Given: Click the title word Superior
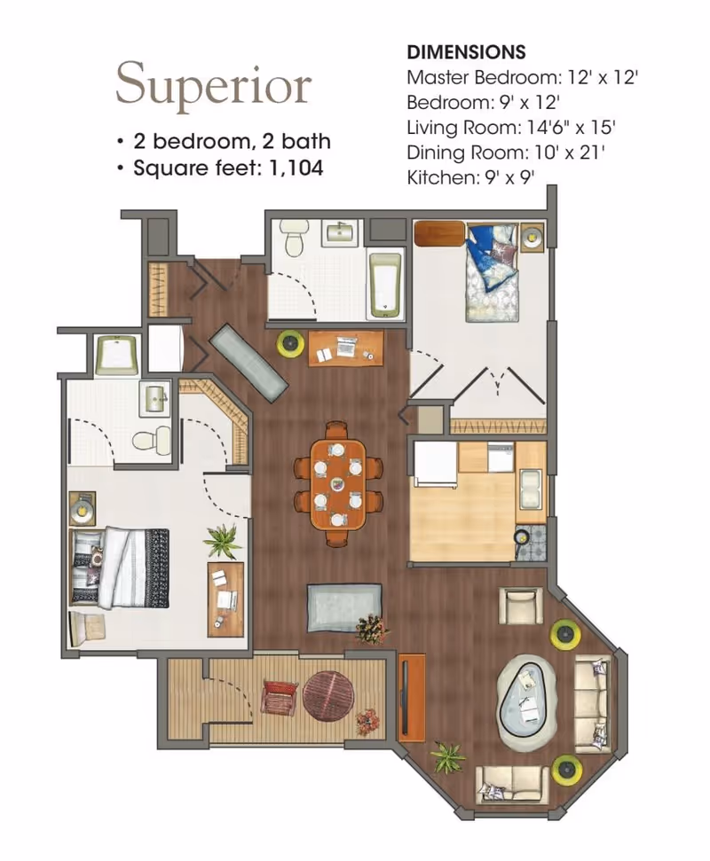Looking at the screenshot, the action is (214, 85).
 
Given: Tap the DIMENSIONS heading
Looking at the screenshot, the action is (466, 52).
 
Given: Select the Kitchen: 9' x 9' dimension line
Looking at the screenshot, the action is (470, 177).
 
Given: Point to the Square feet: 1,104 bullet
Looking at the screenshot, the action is (220, 168).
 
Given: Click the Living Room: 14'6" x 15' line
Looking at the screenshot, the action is (510, 128).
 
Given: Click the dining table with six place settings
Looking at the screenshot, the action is (337, 484).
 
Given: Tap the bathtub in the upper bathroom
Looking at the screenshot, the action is (385, 285).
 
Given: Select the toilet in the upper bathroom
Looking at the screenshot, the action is (294, 238).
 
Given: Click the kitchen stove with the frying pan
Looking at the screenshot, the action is (531, 543).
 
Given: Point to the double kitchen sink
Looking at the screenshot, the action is (530, 488).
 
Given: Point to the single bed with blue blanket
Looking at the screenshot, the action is (493, 272).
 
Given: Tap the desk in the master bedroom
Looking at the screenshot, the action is (225, 599).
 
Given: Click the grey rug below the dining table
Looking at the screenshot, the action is (344, 607).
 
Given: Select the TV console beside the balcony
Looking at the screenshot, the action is (412, 697).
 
